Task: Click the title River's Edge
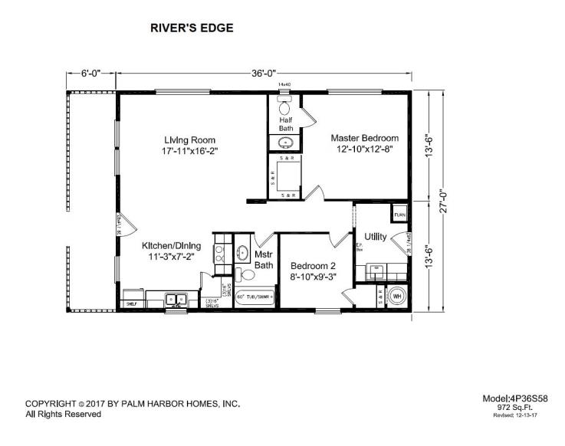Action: coord(192,28)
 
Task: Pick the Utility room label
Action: coord(375,236)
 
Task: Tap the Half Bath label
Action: coord(285,123)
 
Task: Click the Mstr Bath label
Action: coord(264,260)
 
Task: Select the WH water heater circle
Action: coord(398,295)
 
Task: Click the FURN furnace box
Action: coord(399,214)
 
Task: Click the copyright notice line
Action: coord(133,403)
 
